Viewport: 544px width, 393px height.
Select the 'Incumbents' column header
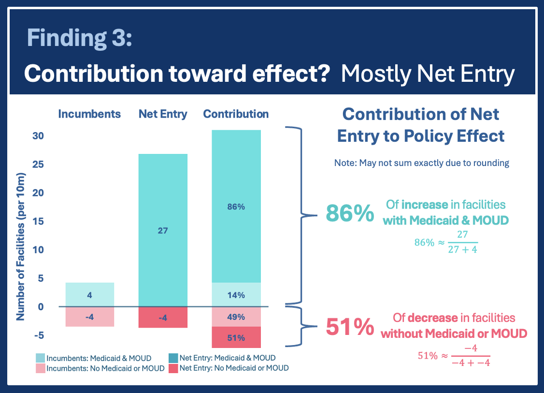89,114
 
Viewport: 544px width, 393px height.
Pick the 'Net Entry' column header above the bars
163,114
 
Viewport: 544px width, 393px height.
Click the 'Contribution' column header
236,114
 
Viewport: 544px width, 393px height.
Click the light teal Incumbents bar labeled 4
89,294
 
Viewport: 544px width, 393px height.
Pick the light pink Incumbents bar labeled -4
89,317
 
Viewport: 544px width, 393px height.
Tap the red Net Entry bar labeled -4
163,317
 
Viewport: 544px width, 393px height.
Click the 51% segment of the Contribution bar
236,337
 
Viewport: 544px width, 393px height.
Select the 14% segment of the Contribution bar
236,295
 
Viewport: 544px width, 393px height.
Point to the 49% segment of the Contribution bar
236,317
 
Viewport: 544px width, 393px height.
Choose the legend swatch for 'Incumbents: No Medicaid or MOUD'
40,368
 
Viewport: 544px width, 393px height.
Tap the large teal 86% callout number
350,213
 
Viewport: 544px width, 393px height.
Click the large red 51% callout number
350,327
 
